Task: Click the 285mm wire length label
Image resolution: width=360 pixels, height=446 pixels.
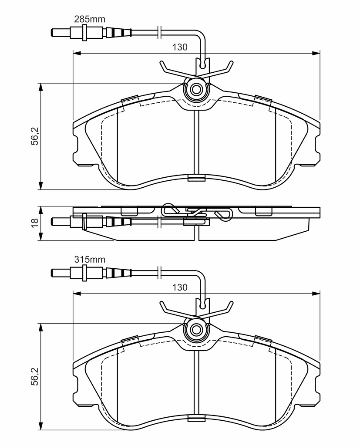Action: coord(90,19)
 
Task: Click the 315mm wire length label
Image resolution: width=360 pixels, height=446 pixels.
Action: coord(90,260)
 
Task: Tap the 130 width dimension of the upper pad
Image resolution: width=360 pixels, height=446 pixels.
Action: coord(180,47)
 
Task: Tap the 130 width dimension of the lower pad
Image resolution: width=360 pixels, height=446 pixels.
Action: coord(180,287)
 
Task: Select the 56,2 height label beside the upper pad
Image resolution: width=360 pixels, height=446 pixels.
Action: coord(35,136)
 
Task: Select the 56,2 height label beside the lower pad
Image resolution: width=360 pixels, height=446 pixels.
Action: coord(35,376)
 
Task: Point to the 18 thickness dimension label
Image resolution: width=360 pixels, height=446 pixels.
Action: coord(35,223)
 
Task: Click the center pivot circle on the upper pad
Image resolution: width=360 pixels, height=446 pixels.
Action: coord(196,90)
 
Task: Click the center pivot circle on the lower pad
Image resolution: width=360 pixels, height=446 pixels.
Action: coord(196,330)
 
